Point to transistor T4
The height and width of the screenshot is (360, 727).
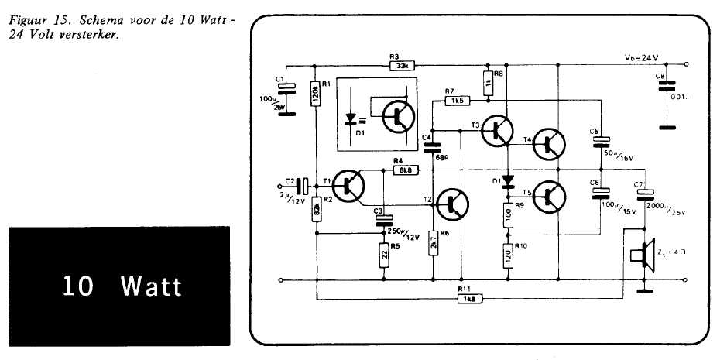(x=550, y=143)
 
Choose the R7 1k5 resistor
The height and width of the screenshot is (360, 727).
(x=457, y=101)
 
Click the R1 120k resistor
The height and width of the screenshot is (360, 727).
(x=316, y=94)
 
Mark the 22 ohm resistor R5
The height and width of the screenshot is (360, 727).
(x=383, y=254)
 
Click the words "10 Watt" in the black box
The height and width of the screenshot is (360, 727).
(x=123, y=286)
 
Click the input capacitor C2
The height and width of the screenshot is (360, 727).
(x=305, y=186)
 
